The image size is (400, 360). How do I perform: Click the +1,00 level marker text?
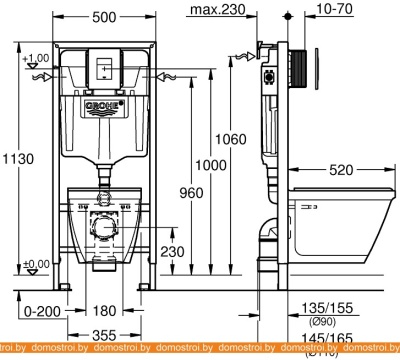tap(36, 59)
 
